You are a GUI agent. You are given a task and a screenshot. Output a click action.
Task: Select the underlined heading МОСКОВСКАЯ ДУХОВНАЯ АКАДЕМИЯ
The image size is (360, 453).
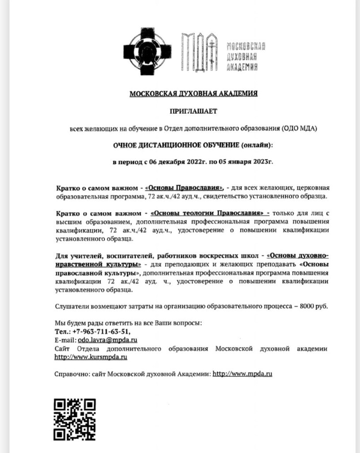193,94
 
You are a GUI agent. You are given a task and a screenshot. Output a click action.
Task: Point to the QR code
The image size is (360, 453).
75,419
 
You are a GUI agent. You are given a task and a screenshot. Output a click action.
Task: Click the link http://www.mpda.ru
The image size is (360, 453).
242,373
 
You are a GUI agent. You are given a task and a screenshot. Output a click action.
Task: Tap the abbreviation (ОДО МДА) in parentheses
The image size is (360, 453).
299,128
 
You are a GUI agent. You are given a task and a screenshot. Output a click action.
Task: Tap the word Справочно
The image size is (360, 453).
69,373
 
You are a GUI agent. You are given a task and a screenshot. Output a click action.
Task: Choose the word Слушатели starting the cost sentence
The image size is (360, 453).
71,306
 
